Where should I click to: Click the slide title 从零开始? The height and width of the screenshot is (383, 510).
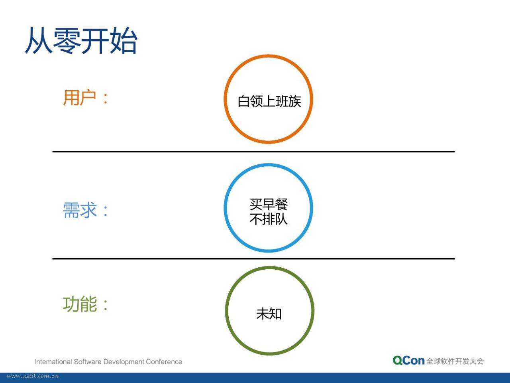coord(81,40)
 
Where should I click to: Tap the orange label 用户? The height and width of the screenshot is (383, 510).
coord(79,98)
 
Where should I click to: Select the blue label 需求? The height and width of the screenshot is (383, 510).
coord(80,210)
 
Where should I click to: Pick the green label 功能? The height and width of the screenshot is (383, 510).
coord(80,304)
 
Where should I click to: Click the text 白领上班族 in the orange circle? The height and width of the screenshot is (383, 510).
coord(269,101)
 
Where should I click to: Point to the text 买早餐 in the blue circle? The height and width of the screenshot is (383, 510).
coord(269,204)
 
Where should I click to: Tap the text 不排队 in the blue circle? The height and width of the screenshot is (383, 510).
coord(269,219)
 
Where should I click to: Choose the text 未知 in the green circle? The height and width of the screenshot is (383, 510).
coord(269,314)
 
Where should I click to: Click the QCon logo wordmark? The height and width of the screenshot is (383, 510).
coord(408,361)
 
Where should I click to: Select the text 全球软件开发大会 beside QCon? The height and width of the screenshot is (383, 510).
coord(455,361)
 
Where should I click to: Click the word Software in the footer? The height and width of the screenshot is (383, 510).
coord(88,361)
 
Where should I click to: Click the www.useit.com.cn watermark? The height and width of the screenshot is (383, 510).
coord(33,376)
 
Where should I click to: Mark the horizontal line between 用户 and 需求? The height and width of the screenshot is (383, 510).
coord(253,152)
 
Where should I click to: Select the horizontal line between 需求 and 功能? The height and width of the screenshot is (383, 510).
coord(253,259)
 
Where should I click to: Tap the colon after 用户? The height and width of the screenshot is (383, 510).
coord(106,99)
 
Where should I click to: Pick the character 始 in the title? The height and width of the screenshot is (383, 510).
coord(124,40)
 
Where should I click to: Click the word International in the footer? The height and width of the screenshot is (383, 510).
coord(53,361)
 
